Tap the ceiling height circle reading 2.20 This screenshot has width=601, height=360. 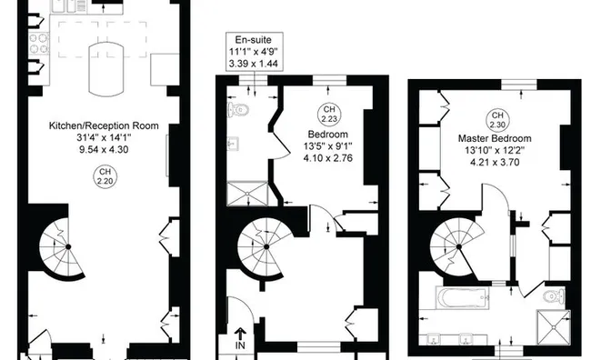point(105,179)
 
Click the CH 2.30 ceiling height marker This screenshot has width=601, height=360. point(497,119)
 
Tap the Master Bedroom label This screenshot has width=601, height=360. point(499,138)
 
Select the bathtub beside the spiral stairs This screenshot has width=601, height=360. point(460,297)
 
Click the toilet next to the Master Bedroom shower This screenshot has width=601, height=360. point(551,296)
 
